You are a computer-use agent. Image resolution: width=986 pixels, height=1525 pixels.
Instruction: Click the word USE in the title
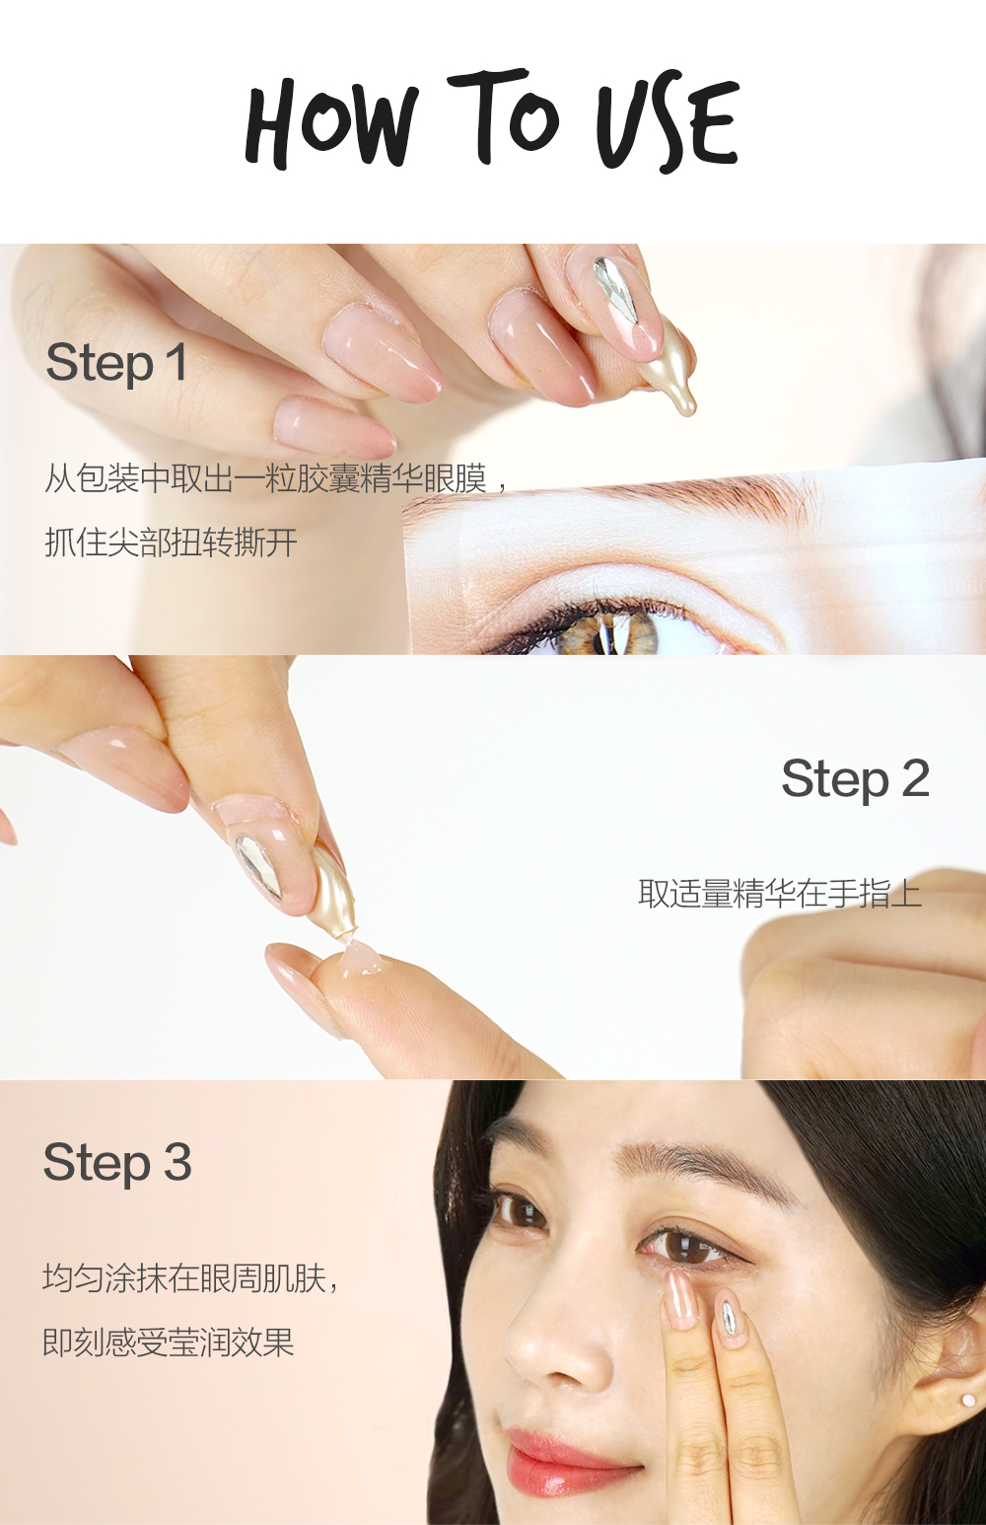(668, 122)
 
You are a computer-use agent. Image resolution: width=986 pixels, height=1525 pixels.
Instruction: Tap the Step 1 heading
(116, 363)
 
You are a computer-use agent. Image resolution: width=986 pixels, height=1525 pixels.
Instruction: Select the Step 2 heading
(855, 779)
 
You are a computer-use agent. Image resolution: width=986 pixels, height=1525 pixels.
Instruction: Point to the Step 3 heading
(116, 1162)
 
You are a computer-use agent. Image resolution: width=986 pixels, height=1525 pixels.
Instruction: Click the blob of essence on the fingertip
(361, 958)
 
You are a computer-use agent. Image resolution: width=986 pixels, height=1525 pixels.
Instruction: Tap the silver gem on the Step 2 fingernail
(259, 864)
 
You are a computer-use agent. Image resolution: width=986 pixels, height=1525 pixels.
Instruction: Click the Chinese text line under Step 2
(779, 894)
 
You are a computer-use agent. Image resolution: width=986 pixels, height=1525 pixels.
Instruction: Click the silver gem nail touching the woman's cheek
(730, 1317)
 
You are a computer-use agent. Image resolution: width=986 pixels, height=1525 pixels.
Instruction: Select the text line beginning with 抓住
(171, 543)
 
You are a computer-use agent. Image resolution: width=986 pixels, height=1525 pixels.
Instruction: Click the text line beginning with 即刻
(169, 1343)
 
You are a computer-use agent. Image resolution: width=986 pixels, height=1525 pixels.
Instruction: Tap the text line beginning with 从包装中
(276, 479)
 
